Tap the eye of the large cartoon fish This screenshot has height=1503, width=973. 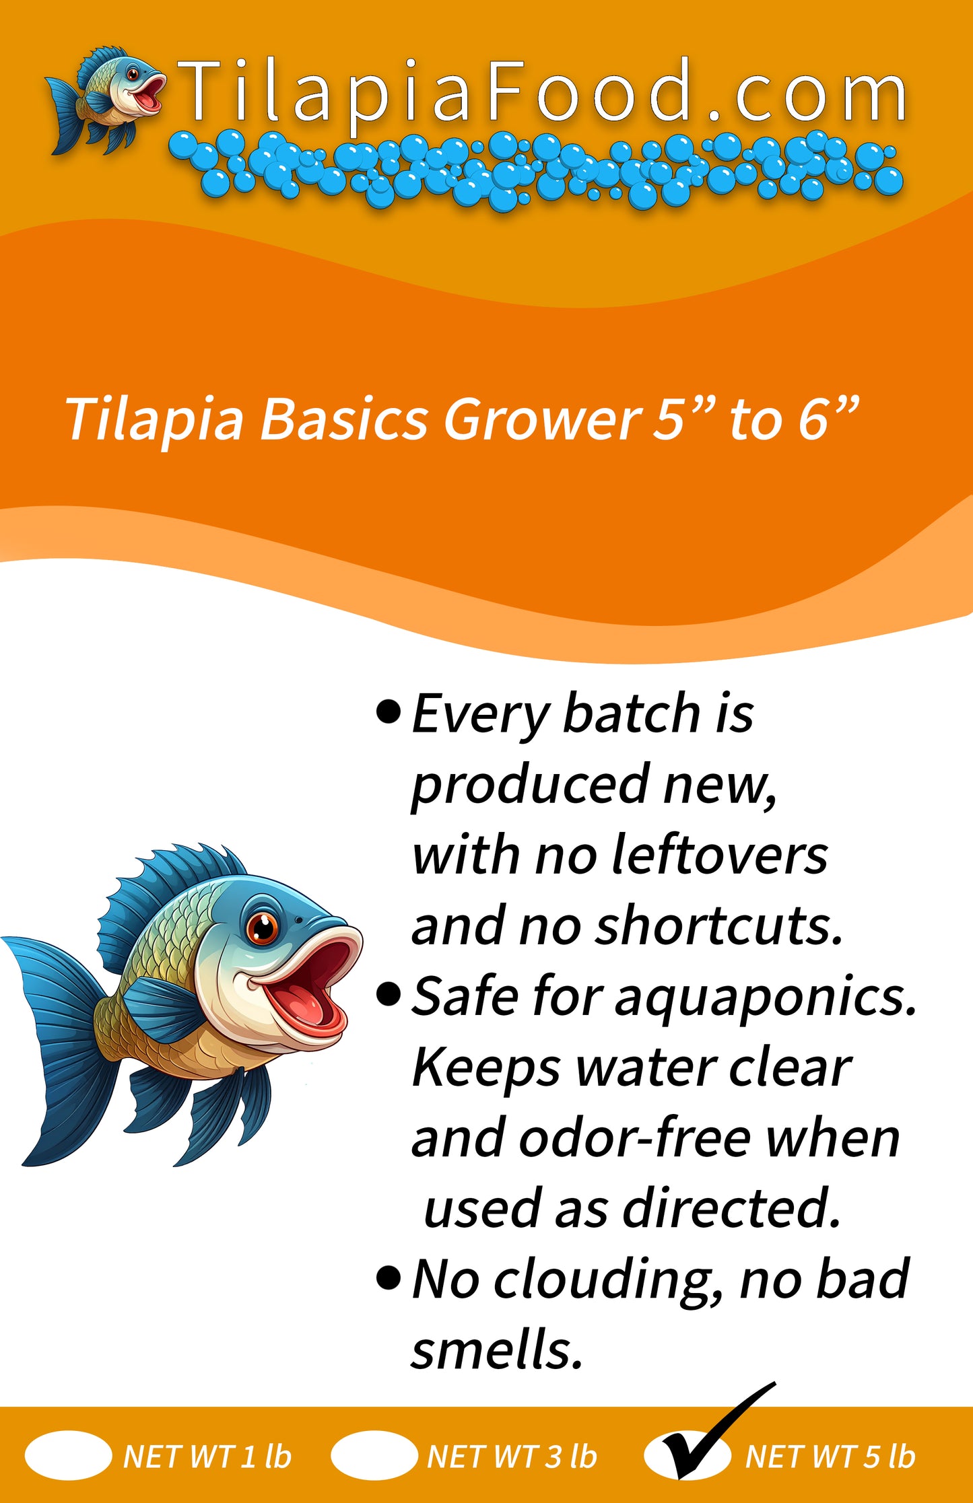pos(262,928)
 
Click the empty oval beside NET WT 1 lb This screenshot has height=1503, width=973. pos(68,1456)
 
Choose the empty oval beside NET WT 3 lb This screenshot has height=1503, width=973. pos(374,1456)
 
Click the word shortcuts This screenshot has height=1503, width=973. pos(718,925)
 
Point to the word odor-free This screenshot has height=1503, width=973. pos(635,1138)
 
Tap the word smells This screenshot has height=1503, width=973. pos(496,1350)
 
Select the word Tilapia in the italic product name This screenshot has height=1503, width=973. pos(155,419)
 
